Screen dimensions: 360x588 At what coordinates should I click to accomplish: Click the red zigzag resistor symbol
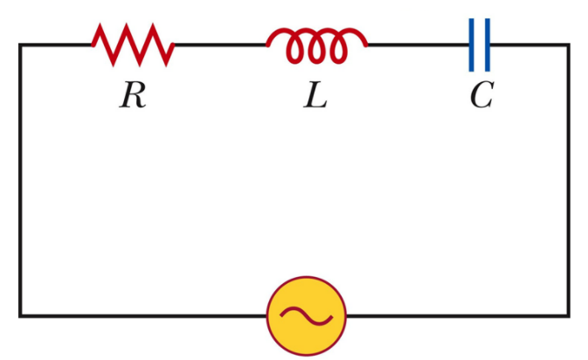tap(133, 45)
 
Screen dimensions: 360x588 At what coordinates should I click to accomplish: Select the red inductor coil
tap(316, 45)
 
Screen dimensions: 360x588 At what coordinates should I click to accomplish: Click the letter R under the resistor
tap(132, 96)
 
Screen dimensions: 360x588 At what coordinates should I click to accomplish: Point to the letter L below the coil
tap(315, 96)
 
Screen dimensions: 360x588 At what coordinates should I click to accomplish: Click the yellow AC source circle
tap(307, 315)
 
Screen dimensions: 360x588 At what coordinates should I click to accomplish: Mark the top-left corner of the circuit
tap(21, 45)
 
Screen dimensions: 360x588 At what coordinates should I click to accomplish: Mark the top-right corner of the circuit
tap(569, 45)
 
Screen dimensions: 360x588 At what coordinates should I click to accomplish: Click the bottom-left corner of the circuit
tap(21, 315)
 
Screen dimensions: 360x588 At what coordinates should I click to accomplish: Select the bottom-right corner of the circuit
tap(569, 315)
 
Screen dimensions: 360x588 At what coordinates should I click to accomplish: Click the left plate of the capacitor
tap(473, 45)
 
